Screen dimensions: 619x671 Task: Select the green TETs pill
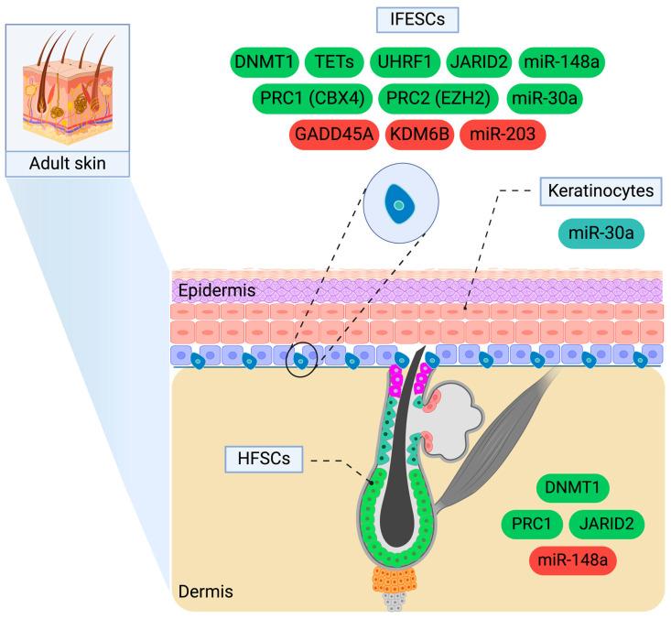(333, 61)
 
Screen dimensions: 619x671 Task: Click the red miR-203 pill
(503, 136)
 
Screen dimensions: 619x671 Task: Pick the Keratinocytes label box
(601, 193)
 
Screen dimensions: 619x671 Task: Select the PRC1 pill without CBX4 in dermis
(531, 524)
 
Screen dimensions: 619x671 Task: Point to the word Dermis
(204, 592)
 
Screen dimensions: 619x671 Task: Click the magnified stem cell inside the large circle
(397, 208)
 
